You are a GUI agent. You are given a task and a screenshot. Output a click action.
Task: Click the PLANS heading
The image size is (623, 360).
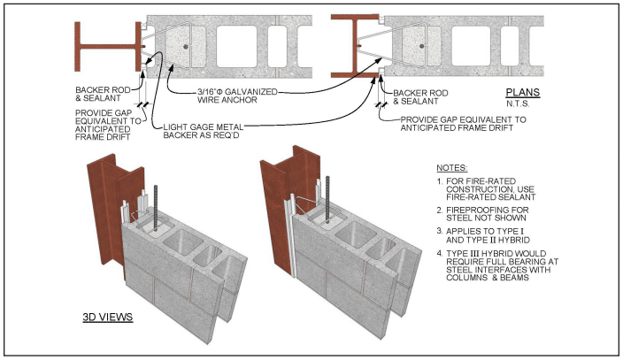tap(523, 91)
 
